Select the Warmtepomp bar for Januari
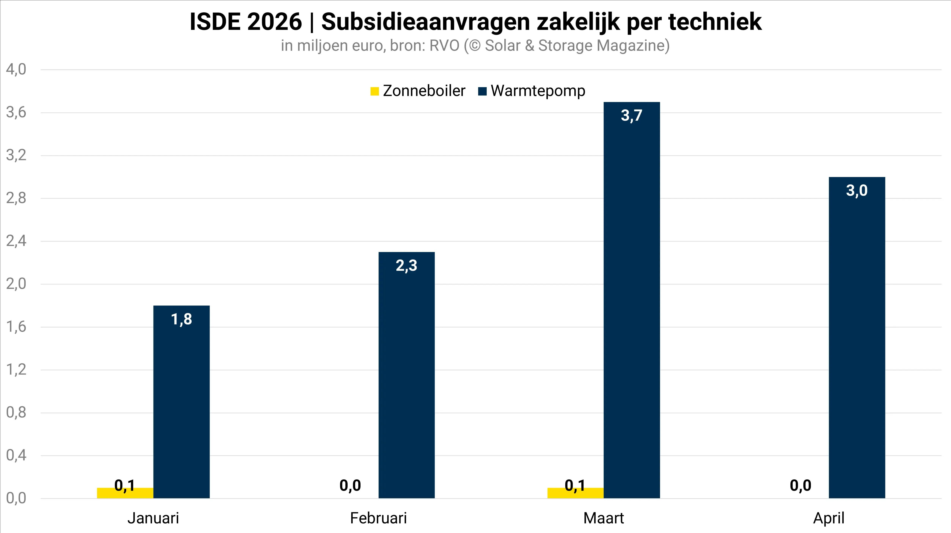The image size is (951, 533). pyautogui.click(x=181, y=402)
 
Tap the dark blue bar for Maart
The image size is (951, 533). pyautogui.click(x=632, y=300)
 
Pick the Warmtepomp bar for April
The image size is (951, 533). pyautogui.click(x=857, y=338)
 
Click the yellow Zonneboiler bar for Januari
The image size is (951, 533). pyautogui.click(x=125, y=493)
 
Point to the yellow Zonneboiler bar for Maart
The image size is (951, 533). pyautogui.click(x=575, y=493)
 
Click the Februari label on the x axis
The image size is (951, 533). pyautogui.click(x=378, y=518)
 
